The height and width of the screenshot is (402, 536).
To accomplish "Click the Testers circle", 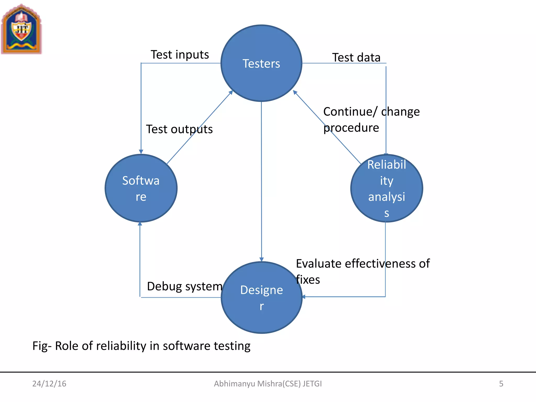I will click(261, 63).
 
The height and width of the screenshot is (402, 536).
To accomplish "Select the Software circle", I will click(141, 188).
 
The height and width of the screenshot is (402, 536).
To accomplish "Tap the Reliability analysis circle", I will click(387, 188).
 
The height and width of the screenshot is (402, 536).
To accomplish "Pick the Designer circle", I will click(261, 298).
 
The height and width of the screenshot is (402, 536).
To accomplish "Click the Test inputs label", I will click(180, 55).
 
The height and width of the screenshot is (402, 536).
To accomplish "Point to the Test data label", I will click(356, 57).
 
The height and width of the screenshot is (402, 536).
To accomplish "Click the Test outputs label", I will click(179, 129).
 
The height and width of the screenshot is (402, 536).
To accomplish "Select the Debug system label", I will click(185, 286).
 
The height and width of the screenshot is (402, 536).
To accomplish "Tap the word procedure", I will click(351, 128).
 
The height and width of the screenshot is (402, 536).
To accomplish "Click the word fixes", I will click(308, 280).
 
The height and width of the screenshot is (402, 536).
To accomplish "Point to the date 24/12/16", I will click(49, 384).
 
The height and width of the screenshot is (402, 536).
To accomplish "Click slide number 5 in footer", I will click(501, 384).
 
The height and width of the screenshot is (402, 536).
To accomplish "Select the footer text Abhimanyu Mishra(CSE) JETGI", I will click(268, 384).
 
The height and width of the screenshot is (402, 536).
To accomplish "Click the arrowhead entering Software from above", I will click(141, 152).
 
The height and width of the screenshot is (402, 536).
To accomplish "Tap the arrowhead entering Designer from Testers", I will click(261, 259).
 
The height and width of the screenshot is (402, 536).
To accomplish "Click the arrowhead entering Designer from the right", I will click(304, 297).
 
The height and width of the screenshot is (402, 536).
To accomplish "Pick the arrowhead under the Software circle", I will click(140, 224).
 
